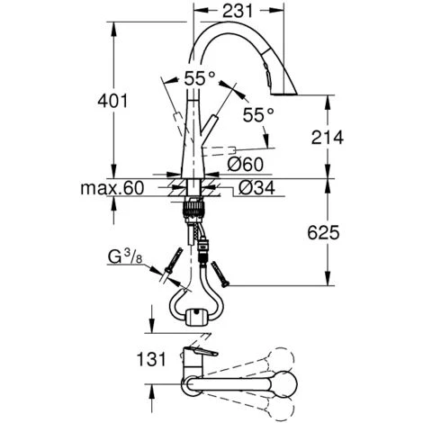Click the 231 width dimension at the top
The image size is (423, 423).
(238, 11)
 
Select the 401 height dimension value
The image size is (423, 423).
(112, 101)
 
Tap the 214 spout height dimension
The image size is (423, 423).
(328, 138)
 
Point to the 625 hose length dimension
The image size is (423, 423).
(323, 232)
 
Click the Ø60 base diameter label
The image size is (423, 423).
(245, 164)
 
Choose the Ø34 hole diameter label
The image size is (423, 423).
(256, 188)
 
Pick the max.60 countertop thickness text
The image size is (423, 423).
(112, 188)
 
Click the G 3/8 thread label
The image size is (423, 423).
(125, 257)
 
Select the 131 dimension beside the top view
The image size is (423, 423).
(151, 359)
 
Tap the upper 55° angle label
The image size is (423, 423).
(200, 78)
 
